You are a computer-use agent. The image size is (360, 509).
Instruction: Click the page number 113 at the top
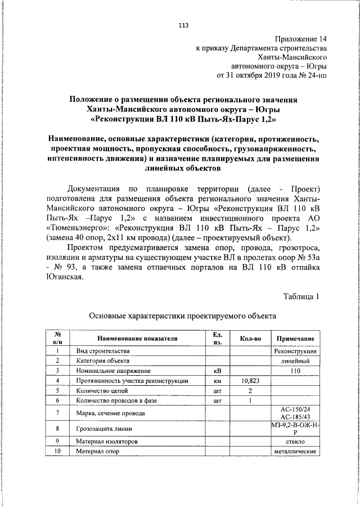[x=183, y=25]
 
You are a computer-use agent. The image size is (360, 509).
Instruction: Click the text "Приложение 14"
[x=300, y=39]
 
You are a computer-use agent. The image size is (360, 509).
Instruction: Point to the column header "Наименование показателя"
[x=137, y=339]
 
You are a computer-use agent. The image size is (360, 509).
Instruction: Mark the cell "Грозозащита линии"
[x=100, y=429]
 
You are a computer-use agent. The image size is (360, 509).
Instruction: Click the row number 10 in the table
[x=57, y=452]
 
